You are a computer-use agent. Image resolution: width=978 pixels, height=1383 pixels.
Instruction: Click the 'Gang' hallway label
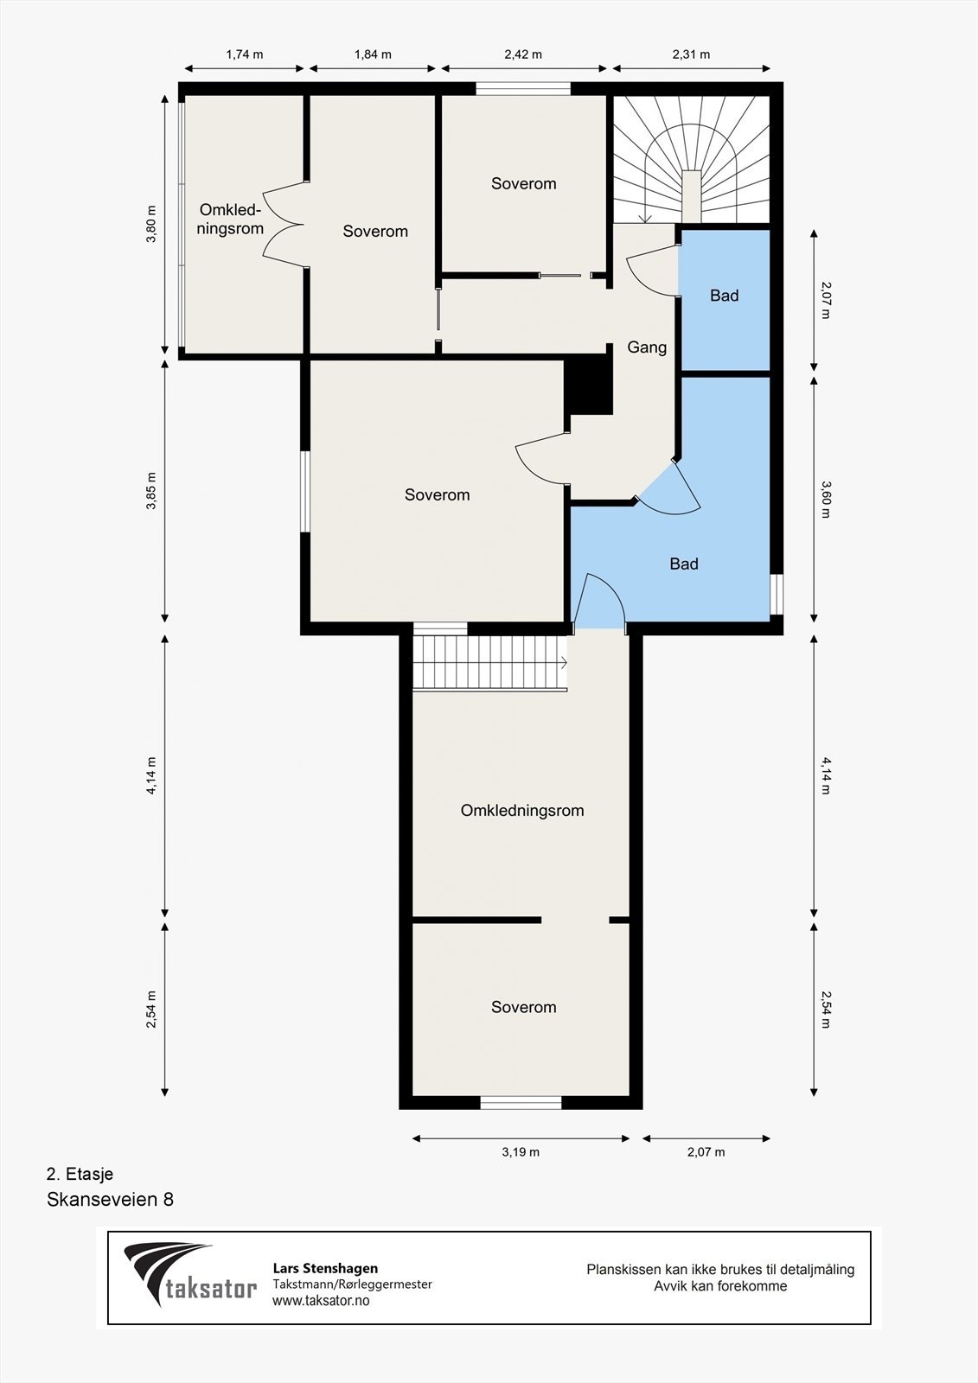tap(647, 347)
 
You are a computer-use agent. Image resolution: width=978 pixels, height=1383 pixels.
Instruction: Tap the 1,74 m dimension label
tap(245, 54)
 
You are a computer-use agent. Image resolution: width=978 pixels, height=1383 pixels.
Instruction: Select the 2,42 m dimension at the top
tap(523, 54)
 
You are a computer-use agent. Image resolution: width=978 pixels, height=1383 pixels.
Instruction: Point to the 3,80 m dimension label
tap(151, 224)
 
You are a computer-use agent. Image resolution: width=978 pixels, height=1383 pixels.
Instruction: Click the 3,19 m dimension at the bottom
tap(521, 1151)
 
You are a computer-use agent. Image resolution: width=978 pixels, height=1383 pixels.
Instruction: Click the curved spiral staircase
tap(692, 159)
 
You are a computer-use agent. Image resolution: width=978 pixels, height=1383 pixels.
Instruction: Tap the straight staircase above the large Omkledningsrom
tap(490, 662)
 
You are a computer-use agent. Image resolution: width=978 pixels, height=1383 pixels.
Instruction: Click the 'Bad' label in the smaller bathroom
tap(724, 296)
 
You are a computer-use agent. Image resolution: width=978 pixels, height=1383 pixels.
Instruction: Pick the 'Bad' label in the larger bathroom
tap(684, 564)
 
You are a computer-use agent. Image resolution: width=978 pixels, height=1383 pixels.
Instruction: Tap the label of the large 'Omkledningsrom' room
tap(522, 810)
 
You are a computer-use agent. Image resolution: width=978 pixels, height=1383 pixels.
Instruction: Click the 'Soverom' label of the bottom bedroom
tap(523, 1007)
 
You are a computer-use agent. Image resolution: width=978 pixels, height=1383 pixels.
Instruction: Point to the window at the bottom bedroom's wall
tap(521, 1102)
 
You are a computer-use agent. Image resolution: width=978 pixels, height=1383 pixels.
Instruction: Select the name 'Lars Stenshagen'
tap(326, 1268)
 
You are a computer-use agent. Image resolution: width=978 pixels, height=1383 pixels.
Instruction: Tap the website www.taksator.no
tap(321, 1300)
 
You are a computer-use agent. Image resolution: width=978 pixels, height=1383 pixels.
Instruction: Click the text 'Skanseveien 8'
tap(110, 1199)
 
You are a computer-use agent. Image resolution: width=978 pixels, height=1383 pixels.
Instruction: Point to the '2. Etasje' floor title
tap(80, 1173)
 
